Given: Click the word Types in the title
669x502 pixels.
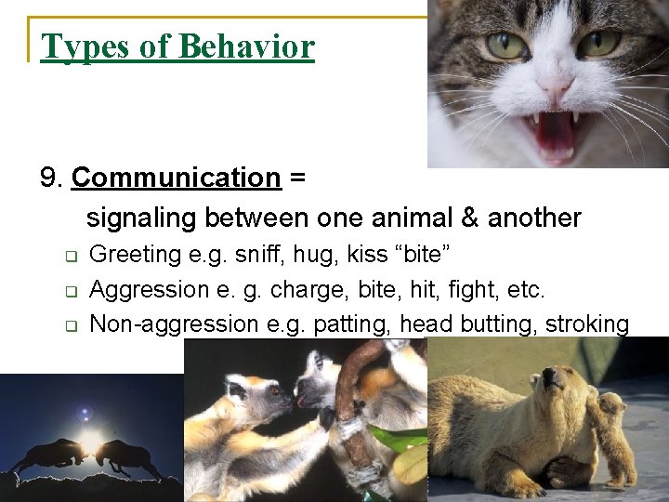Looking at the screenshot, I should click(x=86, y=46).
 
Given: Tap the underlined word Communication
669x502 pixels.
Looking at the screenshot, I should click(x=176, y=177).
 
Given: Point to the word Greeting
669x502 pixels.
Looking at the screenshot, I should click(x=135, y=255).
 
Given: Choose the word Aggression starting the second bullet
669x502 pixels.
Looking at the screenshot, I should click(x=149, y=289).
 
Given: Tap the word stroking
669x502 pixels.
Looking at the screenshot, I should click(x=587, y=324).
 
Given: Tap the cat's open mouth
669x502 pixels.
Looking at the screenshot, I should click(x=555, y=130).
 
